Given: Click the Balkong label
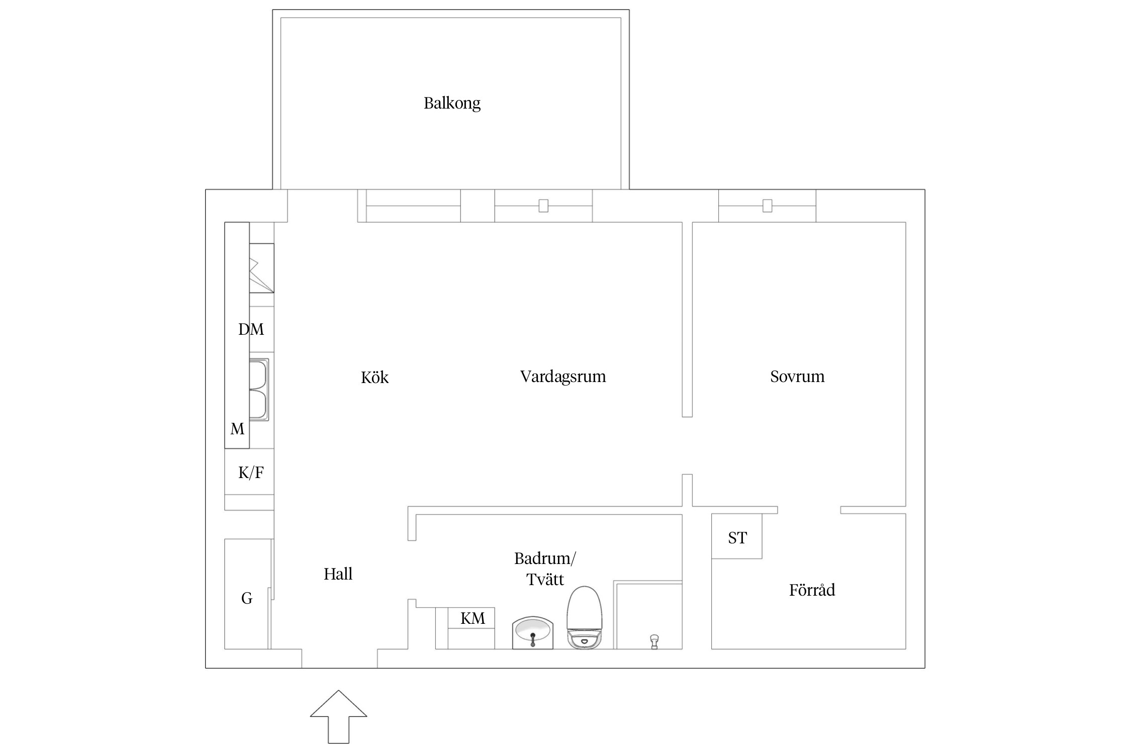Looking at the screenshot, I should click(452, 103).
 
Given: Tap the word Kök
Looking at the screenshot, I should click(374, 378).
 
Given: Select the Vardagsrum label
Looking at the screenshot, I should click(562, 376).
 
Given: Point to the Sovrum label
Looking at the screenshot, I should click(797, 376).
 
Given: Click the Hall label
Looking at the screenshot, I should click(338, 574).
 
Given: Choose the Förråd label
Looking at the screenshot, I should click(812, 590).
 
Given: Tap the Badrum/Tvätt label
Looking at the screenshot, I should click(545, 569).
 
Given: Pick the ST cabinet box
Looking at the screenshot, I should click(737, 538).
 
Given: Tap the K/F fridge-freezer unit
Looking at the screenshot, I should click(250, 473).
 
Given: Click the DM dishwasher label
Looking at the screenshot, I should click(251, 329).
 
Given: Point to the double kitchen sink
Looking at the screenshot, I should click(259, 390).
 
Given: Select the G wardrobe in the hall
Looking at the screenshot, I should click(247, 598).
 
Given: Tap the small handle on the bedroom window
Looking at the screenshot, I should click(767, 206).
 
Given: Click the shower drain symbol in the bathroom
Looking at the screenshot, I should click(654, 641).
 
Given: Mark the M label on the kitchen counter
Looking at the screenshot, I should click(237, 429).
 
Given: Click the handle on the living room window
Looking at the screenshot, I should click(543, 206).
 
